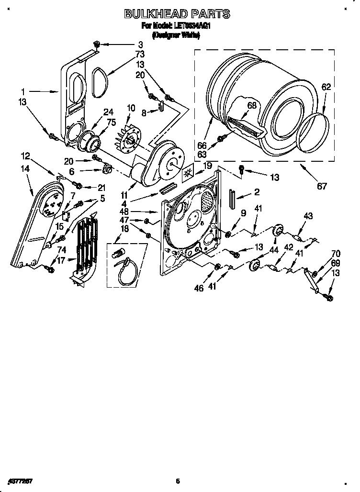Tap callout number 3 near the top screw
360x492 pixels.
127,44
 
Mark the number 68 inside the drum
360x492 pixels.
252,105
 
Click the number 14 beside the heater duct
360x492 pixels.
25,168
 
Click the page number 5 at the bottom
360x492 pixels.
177,481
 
